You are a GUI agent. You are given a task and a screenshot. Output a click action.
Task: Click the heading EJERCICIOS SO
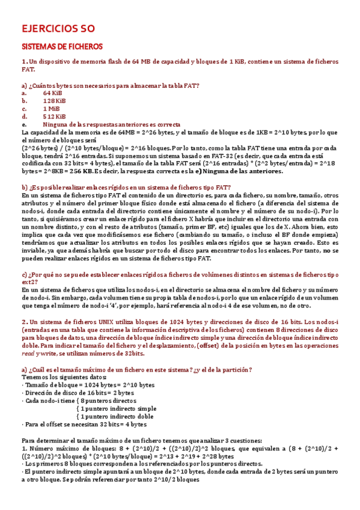58,28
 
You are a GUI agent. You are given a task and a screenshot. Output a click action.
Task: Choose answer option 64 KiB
53,94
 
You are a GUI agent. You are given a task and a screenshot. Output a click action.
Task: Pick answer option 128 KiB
54,101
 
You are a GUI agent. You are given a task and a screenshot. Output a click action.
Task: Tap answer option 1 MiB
52,109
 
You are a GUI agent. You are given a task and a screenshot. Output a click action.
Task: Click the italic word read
29,353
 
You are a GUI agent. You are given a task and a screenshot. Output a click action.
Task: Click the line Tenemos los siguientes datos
60,376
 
